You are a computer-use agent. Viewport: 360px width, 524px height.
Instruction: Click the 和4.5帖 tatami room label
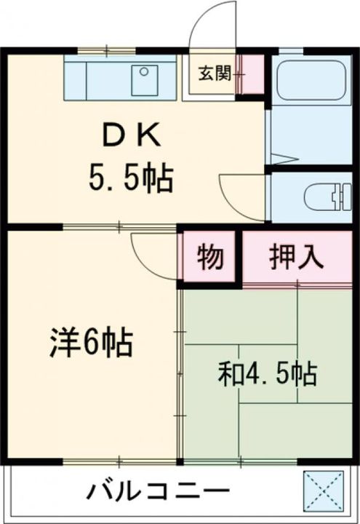click(x=267, y=374)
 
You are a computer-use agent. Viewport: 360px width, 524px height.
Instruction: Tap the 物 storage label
click(x=209, y=258)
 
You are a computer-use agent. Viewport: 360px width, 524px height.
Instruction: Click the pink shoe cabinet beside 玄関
click(x=252, y=74)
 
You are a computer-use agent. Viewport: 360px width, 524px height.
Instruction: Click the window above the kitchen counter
click(x=106, y=51)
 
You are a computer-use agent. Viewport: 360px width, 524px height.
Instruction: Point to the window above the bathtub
click(x=290, y=51)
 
